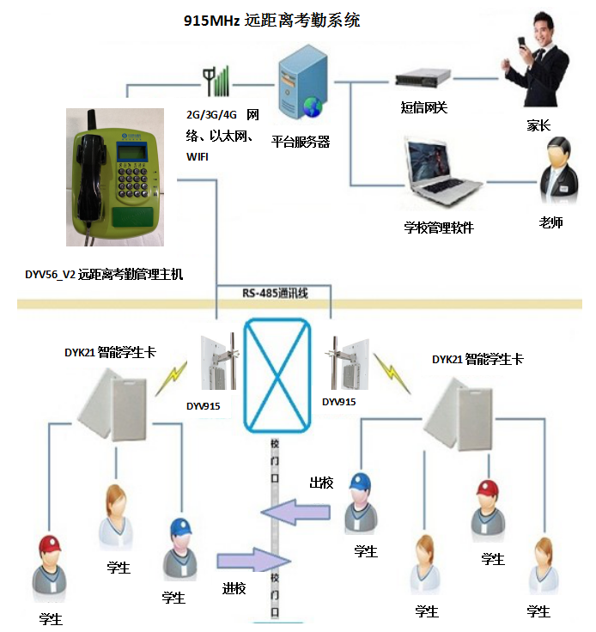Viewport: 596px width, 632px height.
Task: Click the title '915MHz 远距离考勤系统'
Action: pos(272,21)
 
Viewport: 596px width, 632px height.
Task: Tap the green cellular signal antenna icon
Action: pos(216,81)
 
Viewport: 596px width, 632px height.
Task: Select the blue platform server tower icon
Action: pos(302,82)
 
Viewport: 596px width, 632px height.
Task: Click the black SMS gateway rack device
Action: pos(423,78)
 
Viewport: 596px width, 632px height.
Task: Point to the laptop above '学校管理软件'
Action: pos(442,171)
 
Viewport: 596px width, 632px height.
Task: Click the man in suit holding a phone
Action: pos(535,59)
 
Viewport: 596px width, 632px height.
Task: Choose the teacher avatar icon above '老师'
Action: pos(558,170)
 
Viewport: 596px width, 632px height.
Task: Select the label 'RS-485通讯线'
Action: pos(275,293)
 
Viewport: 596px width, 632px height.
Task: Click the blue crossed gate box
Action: pos(277,375)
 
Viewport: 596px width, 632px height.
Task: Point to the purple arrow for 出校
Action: pos(295,513)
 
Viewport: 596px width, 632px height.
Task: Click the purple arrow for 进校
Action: pos(254,560)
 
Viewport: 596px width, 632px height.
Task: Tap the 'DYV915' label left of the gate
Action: pos(203,406)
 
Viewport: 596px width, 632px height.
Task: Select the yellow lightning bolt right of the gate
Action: pos(391,373)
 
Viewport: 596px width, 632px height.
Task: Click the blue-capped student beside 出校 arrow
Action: pos(361,503)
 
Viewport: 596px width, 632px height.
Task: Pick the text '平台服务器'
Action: pos(301,142)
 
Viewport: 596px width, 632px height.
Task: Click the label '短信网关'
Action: pos(424,107)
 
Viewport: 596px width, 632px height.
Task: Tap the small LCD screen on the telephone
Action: pos(131,152)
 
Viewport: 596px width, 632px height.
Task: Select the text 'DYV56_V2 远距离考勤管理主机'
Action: pos(104,275)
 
